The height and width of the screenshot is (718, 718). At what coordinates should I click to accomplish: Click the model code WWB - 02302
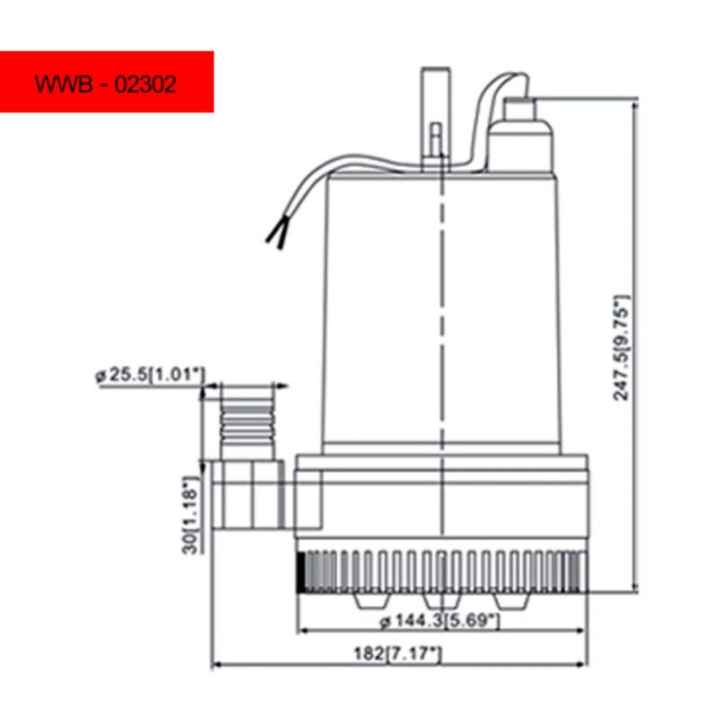[x=105, y=84]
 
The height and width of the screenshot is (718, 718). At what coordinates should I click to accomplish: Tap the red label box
[x=107, y=82]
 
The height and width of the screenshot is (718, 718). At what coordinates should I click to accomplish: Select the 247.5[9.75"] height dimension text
[x=621, y=348]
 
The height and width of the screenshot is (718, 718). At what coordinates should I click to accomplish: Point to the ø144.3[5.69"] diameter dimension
[x=439, y=621]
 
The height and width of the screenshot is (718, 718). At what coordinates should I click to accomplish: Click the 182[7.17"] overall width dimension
[x=397, y=653]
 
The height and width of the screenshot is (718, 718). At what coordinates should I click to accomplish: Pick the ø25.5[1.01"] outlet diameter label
[x=150, y=375]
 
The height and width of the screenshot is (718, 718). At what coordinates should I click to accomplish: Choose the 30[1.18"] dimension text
[x=191, y=515]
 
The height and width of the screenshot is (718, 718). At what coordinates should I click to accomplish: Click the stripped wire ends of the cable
[x=277, y=233]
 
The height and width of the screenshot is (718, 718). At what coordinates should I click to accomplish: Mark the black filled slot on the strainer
[x=301, y=572]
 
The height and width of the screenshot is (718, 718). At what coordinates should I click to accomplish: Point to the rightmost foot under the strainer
[x=512, y=601]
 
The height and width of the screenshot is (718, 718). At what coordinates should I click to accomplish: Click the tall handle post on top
[x=436, y=119]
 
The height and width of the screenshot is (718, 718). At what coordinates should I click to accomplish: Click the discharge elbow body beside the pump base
[x=248, y=495]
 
